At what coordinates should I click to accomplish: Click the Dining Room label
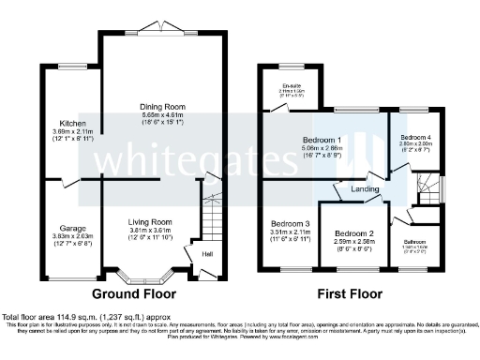(163, 106)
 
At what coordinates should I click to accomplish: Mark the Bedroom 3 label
(291, 224)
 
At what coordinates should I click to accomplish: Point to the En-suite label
(290, 86)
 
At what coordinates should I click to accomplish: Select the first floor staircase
(427, 190)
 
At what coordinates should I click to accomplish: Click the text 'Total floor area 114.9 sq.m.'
(58, 318)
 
